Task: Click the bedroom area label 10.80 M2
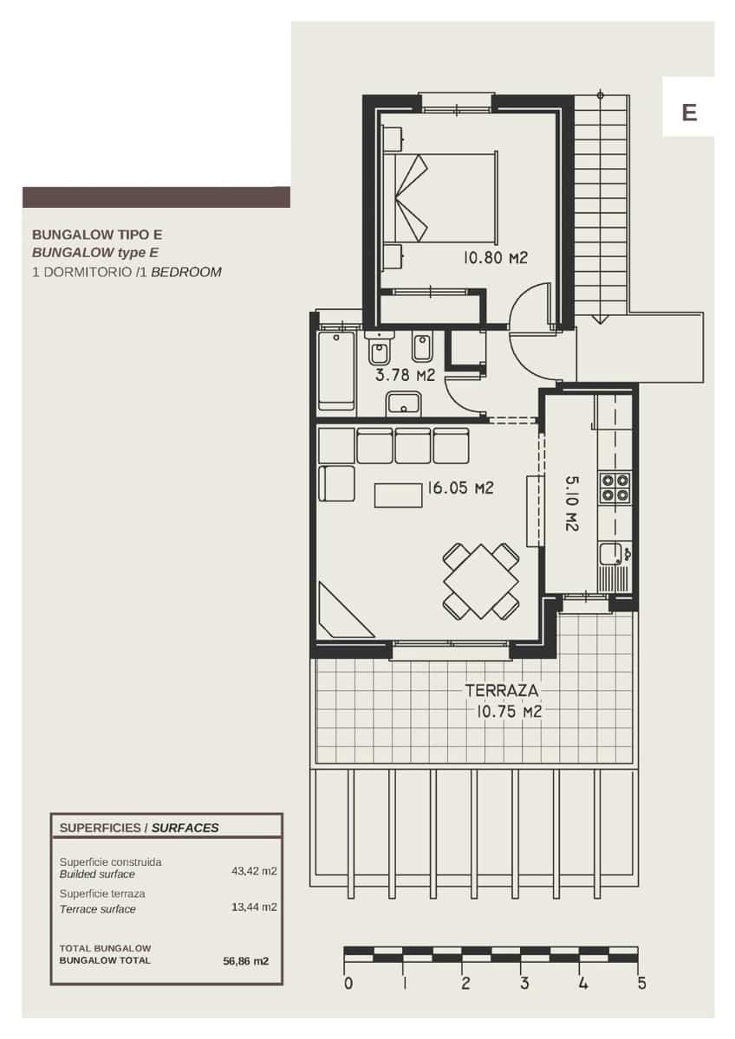(495, 257)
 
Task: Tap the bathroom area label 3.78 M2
(405, 375)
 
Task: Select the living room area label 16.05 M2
(459, 488)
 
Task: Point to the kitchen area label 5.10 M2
(572, 502)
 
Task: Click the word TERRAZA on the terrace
(503, 691)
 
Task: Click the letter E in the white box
(689, 113)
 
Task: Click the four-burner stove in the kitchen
(615, 487)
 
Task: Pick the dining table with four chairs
(481, 581)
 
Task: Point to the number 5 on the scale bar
(641, 984)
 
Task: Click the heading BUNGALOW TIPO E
(97, 235)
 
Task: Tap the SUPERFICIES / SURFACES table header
(139, 828)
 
